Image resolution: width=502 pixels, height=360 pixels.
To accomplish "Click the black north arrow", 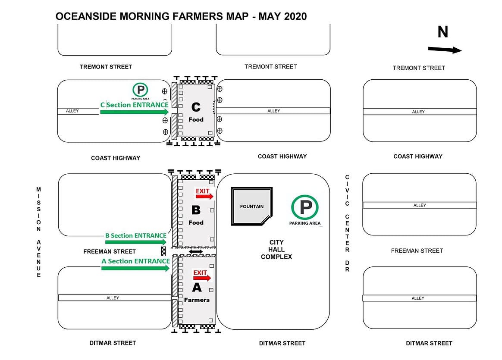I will pyautogui.click(x=445, y=50).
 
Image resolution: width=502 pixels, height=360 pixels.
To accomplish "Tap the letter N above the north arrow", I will pyautogui.click(x=442, y=32).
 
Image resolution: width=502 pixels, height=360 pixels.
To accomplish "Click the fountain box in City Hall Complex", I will pyautogui.click(x=252, y=206).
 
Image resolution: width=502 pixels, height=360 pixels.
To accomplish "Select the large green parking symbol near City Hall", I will pyautogui.click(x=305, y=207).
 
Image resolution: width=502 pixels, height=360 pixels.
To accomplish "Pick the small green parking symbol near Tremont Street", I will pyautogui.click(x=140, y=90).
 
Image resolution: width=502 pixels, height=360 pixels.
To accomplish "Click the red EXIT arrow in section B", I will pyautogui.click(x=204, y=197).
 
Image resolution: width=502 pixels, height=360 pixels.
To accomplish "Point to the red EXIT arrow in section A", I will pyautogui.click(x=202, y=278).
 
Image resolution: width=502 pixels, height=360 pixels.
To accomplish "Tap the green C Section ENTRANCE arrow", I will pyautogui.click(x=134, y=112).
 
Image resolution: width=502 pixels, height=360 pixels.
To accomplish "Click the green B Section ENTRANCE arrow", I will pyautogui.click(x=135, y=242).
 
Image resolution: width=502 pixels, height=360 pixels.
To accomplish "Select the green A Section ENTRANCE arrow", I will pyautogui.click(x=135, y=268).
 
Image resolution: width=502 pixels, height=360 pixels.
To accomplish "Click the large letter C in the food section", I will pyautogui.click(x=196, y=106).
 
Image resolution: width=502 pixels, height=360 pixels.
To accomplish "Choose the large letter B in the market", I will pyautogui.click(x=196, y=210).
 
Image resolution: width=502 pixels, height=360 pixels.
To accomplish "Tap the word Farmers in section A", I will pyautogui.click(x=197, y=300).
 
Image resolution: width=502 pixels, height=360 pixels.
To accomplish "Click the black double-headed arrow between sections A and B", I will pyautogui.click(x=196, y=251).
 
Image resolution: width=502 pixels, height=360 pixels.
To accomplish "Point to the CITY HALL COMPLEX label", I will pyautogui.click(x=276, y=250).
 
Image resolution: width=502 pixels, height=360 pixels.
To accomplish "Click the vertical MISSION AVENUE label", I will pyautogui.click(x=38, y=232).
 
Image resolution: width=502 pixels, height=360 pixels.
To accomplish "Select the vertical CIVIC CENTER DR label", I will pyautogui.click(x=347, y=223).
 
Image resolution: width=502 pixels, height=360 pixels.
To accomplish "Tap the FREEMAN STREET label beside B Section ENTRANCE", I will pyautogui.click(x=110, y=251).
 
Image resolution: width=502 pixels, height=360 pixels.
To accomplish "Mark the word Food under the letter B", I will pyautogui.click(x=196, y=222).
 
